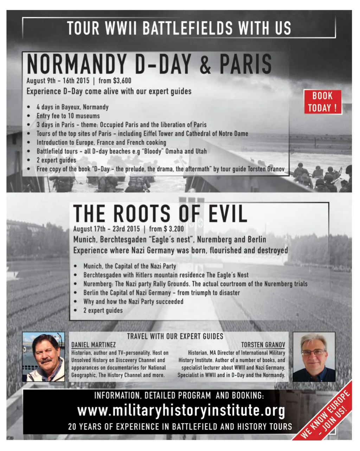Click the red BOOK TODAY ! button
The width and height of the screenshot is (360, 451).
(x=322, y=102)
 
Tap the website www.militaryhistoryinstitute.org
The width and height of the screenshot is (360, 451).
(x=181, y=411)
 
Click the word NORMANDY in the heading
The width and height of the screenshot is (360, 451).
(x=76, y=64)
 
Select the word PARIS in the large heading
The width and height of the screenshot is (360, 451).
(x=246, y=64)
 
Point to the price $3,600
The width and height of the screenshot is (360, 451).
(x=120, y=80)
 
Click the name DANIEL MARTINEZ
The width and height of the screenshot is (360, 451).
(x=93, y=345)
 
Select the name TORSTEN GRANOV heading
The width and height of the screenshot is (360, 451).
(x=263, y=345)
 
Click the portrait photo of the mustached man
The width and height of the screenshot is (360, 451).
(x=44, y=357)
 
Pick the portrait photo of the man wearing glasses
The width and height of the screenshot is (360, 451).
(x=314, y=357)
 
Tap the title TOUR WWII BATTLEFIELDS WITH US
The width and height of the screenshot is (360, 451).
(x=179, y=28)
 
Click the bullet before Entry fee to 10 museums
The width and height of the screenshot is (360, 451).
(x=28, y=116)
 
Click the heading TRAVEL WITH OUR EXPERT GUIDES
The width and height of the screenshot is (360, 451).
(x=175, y=336)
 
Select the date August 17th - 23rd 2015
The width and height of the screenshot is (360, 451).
(x=106, y=229)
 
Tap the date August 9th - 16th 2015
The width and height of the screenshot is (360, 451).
(x=58, y=80)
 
